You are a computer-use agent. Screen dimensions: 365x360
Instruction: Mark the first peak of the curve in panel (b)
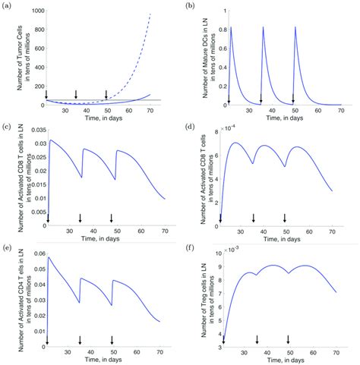coord(231,27)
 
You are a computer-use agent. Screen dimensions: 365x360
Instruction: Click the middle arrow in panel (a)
coord(75,93)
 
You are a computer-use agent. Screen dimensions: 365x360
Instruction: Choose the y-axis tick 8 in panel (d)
coord(218,132)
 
